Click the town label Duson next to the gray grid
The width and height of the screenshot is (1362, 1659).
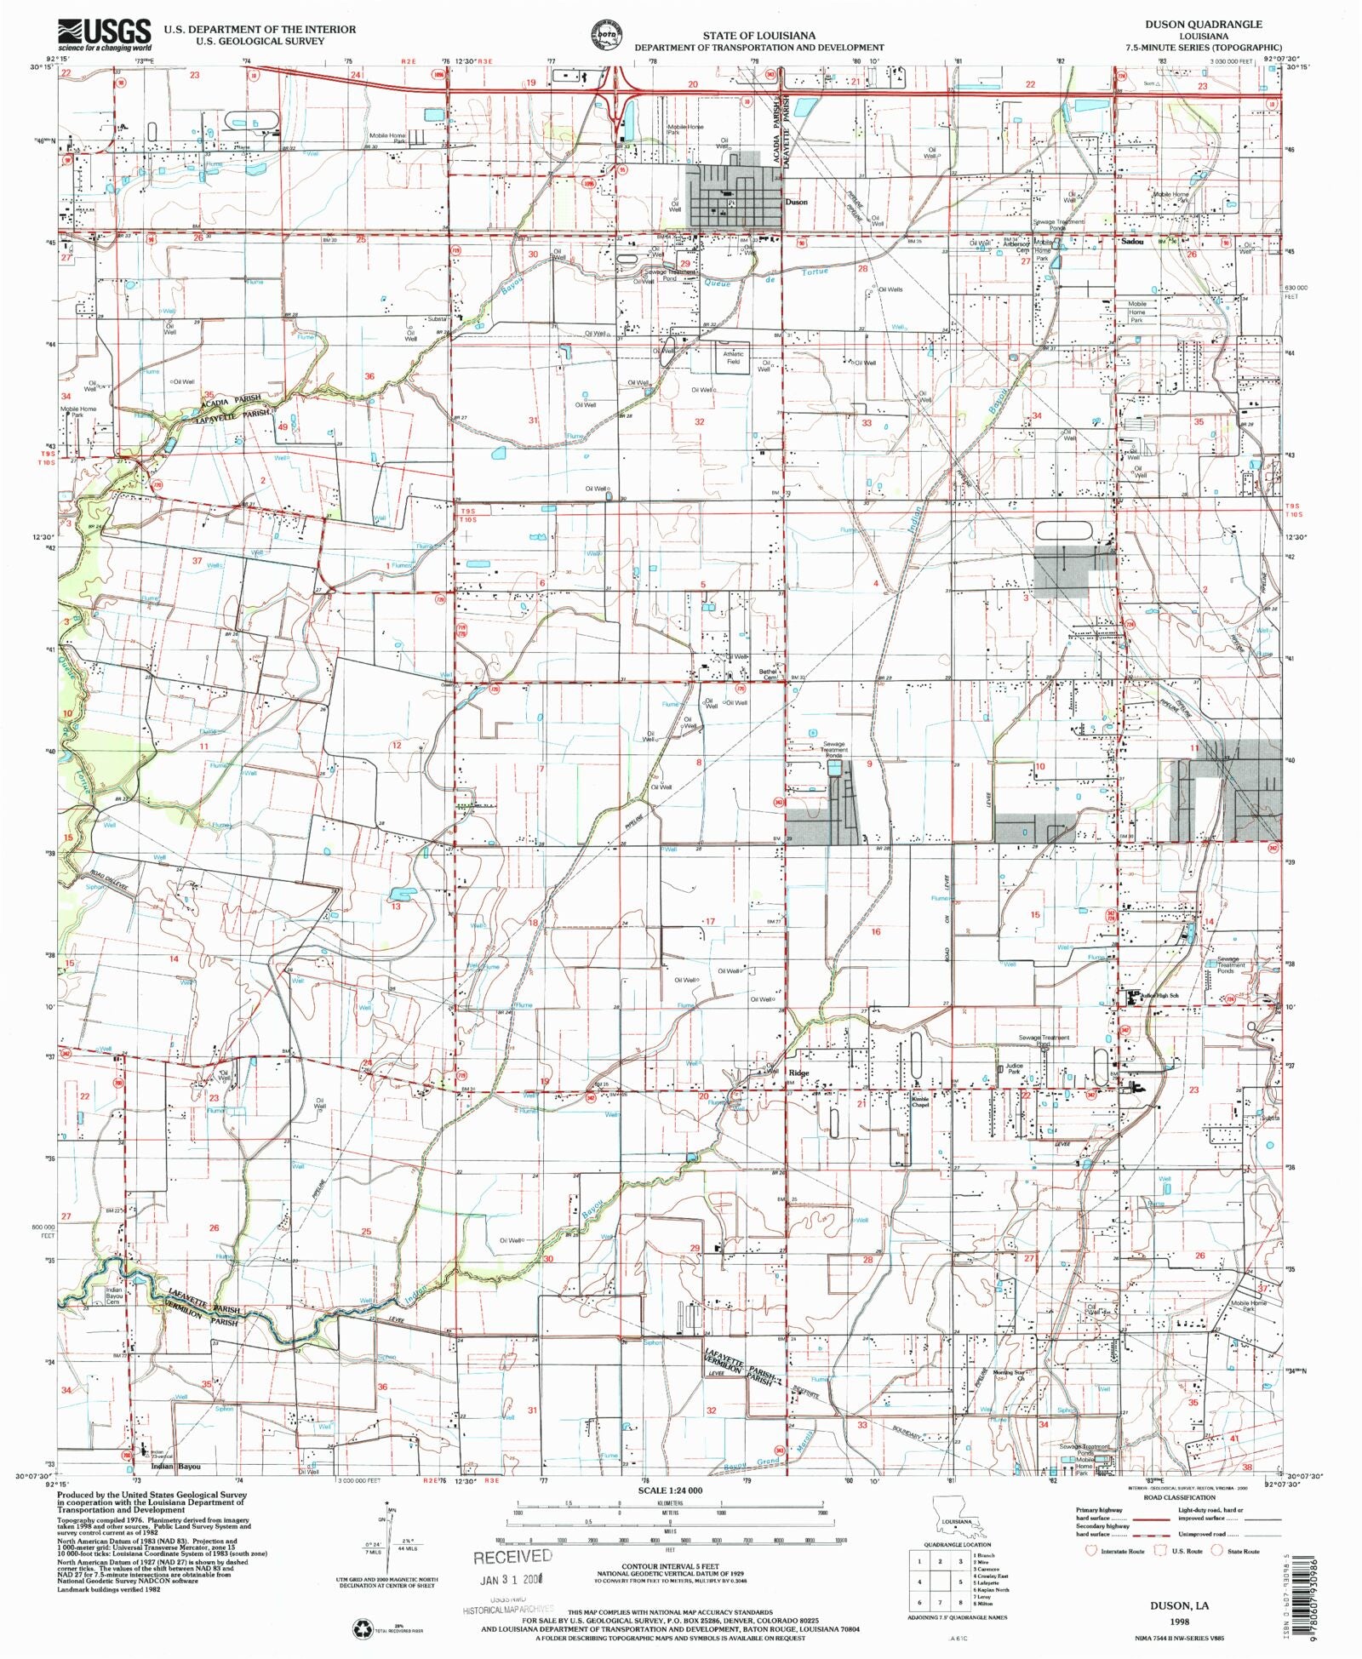tap(796, 203)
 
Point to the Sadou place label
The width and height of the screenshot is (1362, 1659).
tap(1131, 242)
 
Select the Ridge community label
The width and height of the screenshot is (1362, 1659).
tap(798, 1073)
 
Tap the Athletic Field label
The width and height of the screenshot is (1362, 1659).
tap(733, 358)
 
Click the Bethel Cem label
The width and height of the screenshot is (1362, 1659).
tap(769, 674)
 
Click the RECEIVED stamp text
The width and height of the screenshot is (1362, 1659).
tap(512, 1556)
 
